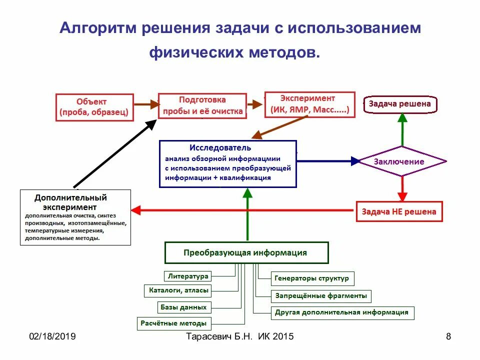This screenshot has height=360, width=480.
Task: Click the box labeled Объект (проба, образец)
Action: [94, 107]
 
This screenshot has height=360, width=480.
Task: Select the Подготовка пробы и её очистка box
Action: [202, 105]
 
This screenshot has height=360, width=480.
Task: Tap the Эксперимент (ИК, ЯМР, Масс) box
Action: [309, 104]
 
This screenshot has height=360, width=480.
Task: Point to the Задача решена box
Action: [400, 104]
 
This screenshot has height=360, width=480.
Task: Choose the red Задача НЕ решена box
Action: [399, 211]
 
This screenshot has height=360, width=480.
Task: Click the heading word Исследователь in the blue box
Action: [220, 148]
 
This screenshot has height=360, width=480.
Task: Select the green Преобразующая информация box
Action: [246, 252]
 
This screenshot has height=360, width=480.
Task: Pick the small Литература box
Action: [187, 276]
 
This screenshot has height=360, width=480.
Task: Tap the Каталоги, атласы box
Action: [179, 290]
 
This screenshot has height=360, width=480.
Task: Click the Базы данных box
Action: [183, 307]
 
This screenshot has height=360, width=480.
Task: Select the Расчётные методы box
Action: [173, 323]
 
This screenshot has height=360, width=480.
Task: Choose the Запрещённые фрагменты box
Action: [321, 296]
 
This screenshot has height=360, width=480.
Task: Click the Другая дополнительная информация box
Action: [341, 313]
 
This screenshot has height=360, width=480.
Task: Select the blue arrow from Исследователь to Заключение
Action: [327, 161]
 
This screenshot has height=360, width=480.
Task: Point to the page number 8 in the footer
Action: [448, 336]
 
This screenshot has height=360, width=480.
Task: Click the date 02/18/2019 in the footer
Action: [52, 336]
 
